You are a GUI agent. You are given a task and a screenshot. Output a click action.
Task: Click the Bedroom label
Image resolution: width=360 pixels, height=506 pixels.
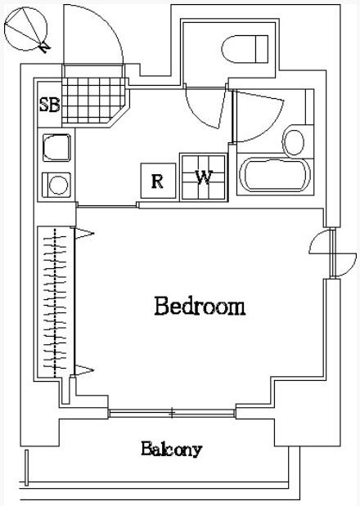(x=200, y=306)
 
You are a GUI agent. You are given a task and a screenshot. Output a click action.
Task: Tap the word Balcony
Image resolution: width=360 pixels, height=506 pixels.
(x=172, y=450)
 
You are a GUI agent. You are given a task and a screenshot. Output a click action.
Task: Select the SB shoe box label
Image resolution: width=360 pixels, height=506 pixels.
(x=49, y=105)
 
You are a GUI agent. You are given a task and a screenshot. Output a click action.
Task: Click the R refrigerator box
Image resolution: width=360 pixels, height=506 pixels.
(x=158, y=181)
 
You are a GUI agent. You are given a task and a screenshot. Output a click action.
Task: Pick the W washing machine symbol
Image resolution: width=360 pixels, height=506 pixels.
(x=204, y=177)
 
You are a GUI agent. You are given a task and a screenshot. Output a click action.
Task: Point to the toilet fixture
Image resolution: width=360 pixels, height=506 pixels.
(x=245, y=49)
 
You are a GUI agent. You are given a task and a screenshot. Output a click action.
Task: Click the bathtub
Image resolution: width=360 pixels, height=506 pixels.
(x=275, y=175)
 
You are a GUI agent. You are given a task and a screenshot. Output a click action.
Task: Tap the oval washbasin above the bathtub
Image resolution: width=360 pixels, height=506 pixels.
(x=293, y=142)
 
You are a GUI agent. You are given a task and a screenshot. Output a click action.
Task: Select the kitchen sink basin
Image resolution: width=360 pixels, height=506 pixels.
(x=56, y=147)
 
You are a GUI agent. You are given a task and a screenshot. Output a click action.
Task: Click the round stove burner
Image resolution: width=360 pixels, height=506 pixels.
(x=58, y=185)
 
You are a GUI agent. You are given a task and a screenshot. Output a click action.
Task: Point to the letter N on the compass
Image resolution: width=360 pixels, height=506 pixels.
(x=44, y=48)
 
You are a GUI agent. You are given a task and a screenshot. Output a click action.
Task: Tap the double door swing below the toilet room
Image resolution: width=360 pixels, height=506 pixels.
(x=205, y=108)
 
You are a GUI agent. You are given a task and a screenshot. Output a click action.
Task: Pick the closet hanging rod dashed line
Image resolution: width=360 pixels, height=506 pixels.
(x=55, y=302)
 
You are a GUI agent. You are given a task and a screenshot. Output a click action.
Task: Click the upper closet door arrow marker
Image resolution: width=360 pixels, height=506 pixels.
(x=84, y=233)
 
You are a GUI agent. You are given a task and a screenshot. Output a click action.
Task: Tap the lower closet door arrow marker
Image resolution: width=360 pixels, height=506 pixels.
(x=84, y=369)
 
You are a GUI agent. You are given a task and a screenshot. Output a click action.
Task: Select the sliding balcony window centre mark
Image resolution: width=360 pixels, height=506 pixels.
(x=172, y=413)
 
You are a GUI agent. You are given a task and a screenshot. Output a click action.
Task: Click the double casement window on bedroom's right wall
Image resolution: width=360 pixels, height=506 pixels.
(x=332, y=253)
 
